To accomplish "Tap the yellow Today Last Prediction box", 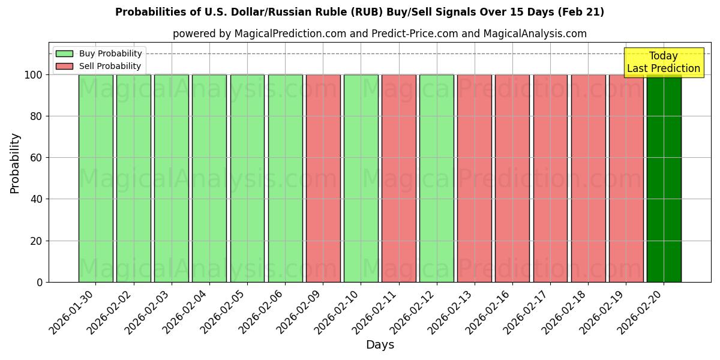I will coord(663,62).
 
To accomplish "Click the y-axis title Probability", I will coord(15,163).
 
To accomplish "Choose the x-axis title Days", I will coord(380,345).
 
